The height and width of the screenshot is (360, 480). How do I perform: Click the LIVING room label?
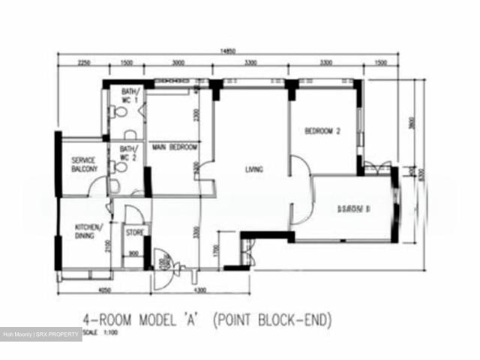[x=254, y=169]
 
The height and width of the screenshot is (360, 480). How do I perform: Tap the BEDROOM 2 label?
[x=323, y=131]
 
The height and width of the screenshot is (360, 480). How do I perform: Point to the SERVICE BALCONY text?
[x=84, y=165]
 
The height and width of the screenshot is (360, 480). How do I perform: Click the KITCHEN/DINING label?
[x=88, y=231]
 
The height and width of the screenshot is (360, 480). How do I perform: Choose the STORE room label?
[x=134, y=233]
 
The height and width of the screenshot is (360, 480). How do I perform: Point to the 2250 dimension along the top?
[x=82, y=64]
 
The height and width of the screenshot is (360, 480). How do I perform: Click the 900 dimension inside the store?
[x=133, y=253]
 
